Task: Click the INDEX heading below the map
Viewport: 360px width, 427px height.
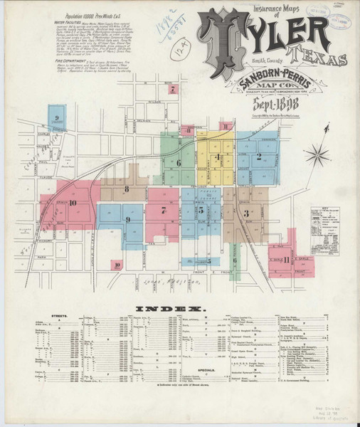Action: [175, 309]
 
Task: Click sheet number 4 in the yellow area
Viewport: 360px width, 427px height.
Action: [218, 157]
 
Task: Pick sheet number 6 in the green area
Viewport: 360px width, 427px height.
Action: [180, 163]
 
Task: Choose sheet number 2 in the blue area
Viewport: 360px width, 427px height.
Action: [259, 156]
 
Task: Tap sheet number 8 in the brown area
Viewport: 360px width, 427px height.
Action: [126, 189]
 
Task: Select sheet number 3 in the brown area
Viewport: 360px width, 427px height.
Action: [245, 213]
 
